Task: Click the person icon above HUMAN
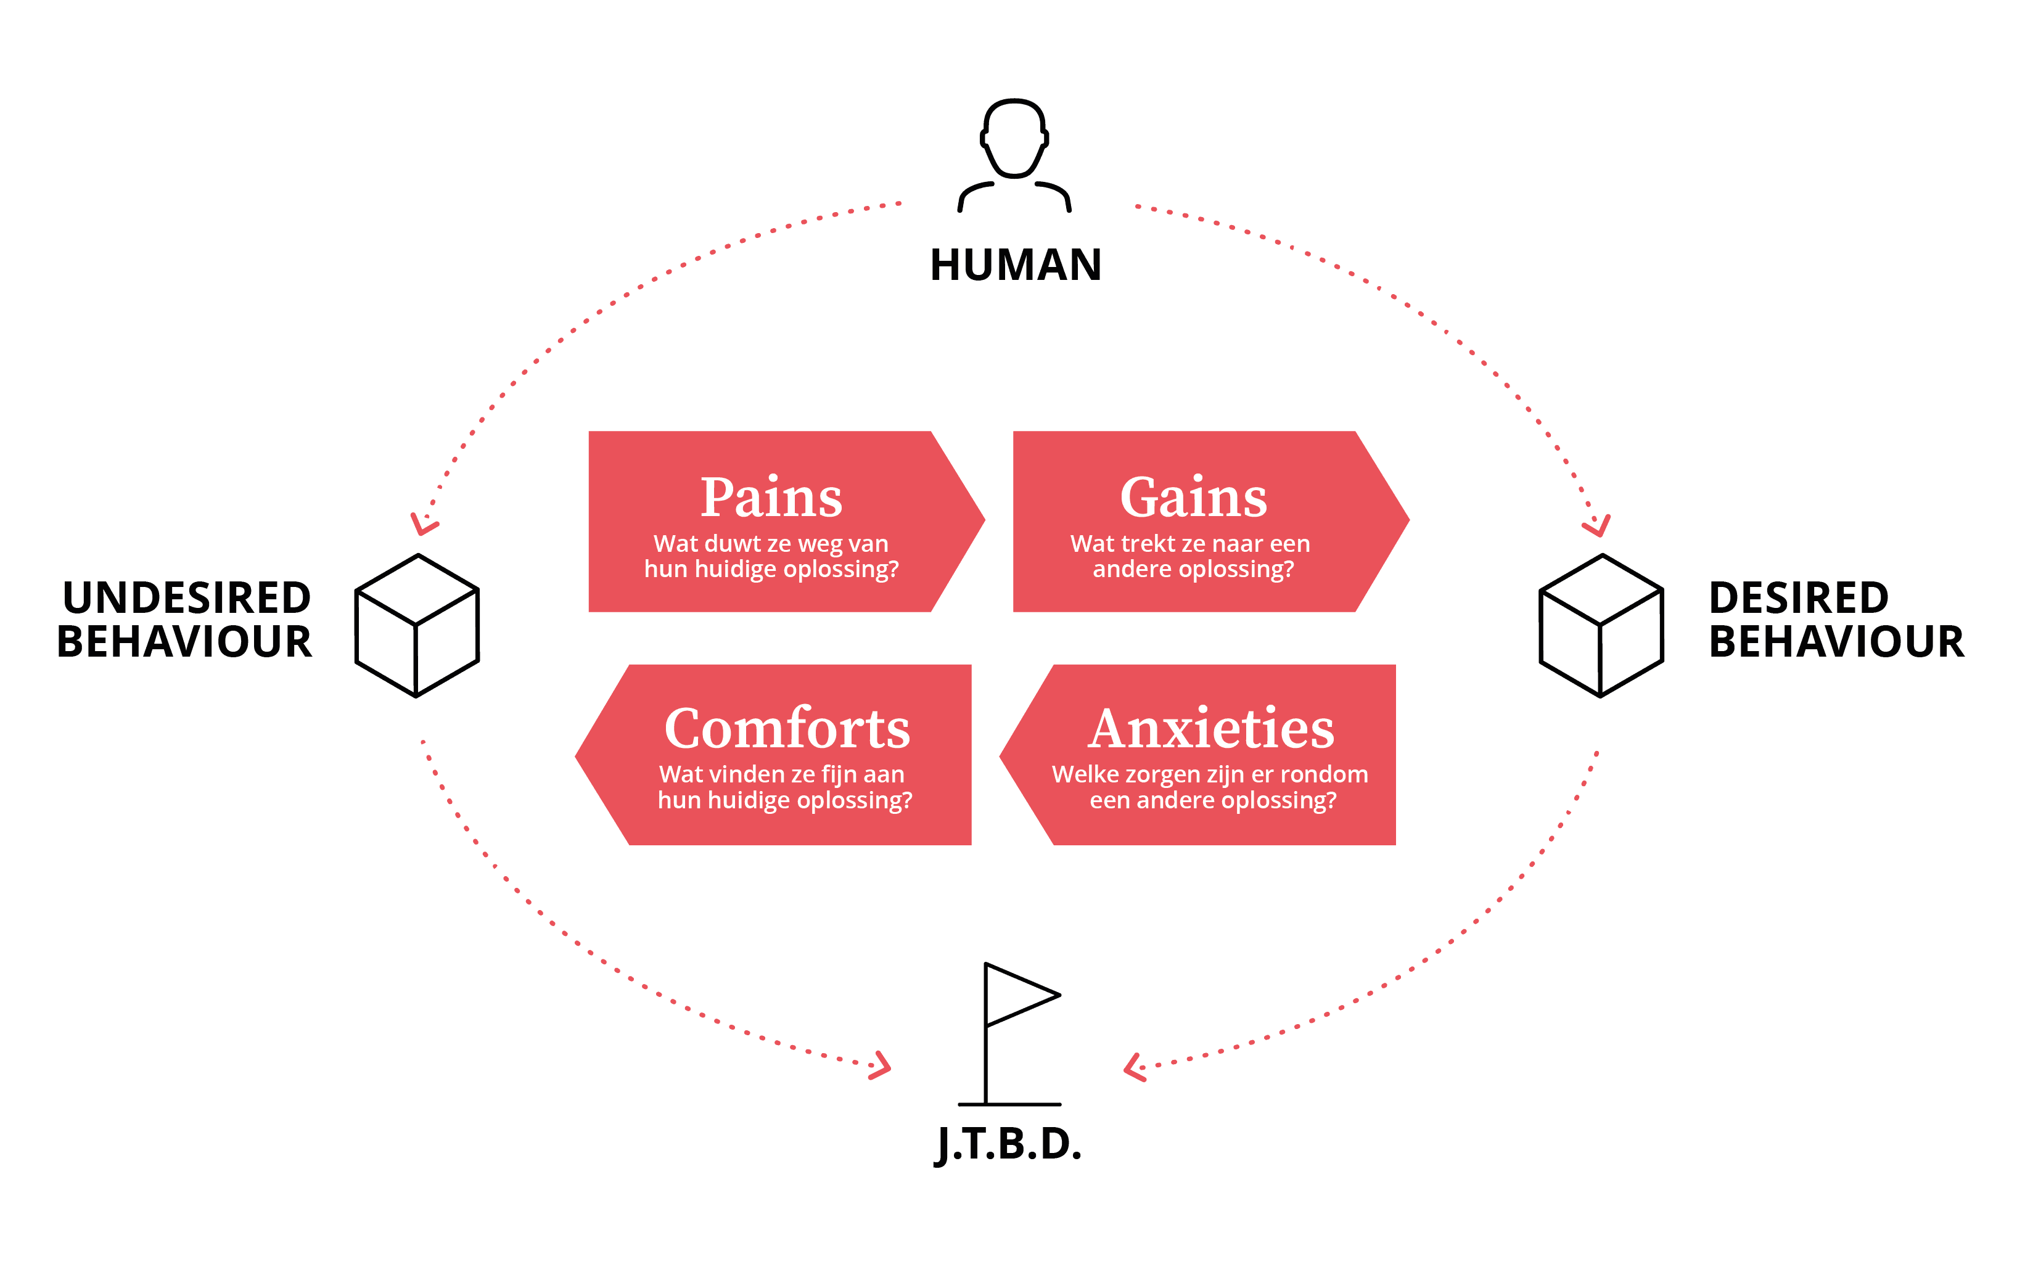click(1014, 155)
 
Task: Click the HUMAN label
click(1015, 265)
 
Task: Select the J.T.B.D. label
click(1008, 1144)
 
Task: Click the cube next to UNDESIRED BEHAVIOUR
click(417, 626)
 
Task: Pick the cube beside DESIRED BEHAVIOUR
click(1601, 626)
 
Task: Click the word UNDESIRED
click(187, 598)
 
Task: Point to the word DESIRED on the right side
click(1799, 598)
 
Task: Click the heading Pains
click(771, 497)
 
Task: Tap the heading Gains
click(1193, 497)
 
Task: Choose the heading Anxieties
click(1211, 728)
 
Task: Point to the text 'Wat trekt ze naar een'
click(1190, 543)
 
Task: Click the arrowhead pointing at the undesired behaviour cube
click(423, 525)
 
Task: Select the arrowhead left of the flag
click(881, 1066)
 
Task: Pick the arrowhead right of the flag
click(1135, 1068)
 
